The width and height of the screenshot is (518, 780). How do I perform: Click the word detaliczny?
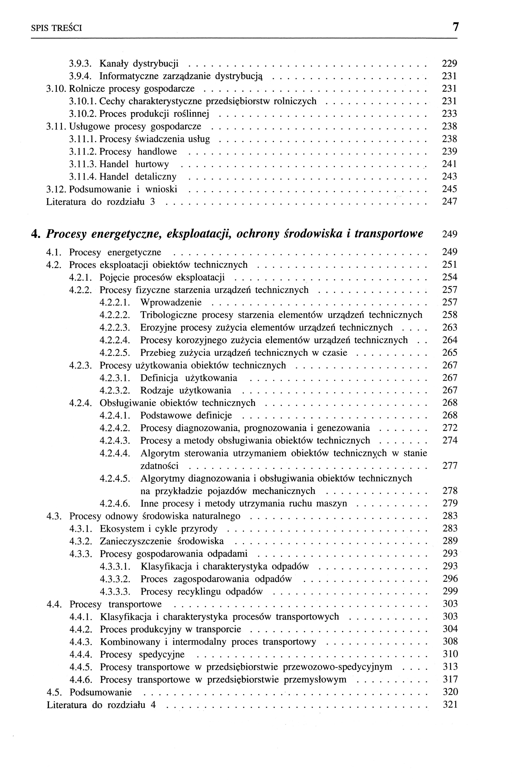tap(156, 177)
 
